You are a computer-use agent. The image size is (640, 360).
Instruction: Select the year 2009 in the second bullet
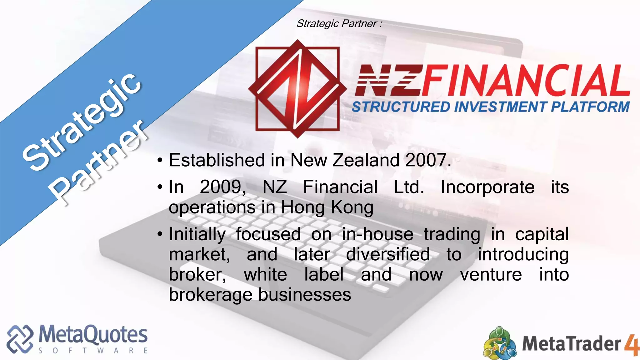(x=222, y=187)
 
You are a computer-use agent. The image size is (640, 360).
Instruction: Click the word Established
(x=217, y=160)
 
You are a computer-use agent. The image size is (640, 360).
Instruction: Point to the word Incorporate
(x=487, y=187)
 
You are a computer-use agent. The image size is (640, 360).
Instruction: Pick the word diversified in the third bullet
(x=388, y=254)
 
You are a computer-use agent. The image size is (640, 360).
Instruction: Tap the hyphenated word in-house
(x=377, y=234)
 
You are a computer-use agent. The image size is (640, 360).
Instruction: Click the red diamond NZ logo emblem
(x=297, y=89)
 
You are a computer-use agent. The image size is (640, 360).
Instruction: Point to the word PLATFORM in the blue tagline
(x=590, y=107)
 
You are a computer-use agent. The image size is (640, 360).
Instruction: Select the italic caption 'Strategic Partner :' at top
(x=339, y=24)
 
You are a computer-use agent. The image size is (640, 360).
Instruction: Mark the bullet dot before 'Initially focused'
(x=160, y=234)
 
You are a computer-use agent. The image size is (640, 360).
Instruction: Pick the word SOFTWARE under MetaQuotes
(x=93, y=351)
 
